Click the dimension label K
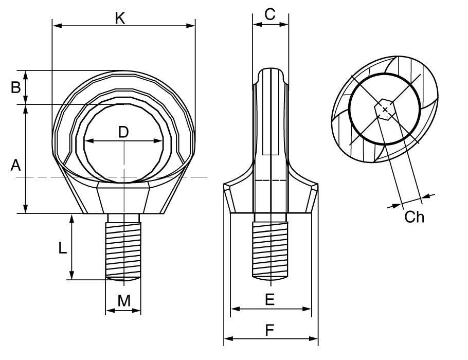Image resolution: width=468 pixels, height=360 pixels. (120, 18)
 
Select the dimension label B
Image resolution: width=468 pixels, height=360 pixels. (16, 87)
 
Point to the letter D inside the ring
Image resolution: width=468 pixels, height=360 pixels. (123, 132)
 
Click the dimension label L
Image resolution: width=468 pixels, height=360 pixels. (62, 248)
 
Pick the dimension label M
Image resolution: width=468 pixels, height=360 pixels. (123, 301)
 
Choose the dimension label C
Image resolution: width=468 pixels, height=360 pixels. (270, 15)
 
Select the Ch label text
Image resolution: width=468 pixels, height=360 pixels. (415, 217)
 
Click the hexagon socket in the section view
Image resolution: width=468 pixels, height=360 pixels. (385, 109)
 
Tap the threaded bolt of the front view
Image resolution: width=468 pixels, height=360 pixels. (123, 247)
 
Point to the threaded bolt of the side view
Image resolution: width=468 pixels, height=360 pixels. (271, 247)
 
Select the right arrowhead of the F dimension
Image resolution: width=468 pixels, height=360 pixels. (314, 338)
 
